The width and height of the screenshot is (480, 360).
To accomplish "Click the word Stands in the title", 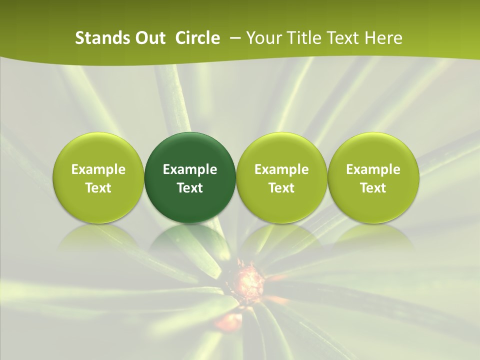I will point(98,38).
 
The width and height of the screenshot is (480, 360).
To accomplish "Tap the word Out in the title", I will point(149,38).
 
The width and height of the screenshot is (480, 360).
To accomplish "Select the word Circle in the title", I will point(197,38).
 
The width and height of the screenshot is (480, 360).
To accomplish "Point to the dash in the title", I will point(234,38).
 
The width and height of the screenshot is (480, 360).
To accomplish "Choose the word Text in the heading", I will point(339,38).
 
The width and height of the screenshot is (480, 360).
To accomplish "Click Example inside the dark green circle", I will point(190,169).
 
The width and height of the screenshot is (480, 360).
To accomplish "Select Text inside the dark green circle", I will point(190,188).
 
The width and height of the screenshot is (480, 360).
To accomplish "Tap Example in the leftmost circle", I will point(98,169).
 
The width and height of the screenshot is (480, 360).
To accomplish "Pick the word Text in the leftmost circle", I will point(98,188).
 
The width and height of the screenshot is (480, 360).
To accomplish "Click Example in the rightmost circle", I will point(373,169).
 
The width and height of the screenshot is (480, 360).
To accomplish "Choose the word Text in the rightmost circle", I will point(373,188).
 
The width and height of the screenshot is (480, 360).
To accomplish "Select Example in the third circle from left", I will point(281,169).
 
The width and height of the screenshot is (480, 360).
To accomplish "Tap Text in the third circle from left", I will point(281,188).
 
